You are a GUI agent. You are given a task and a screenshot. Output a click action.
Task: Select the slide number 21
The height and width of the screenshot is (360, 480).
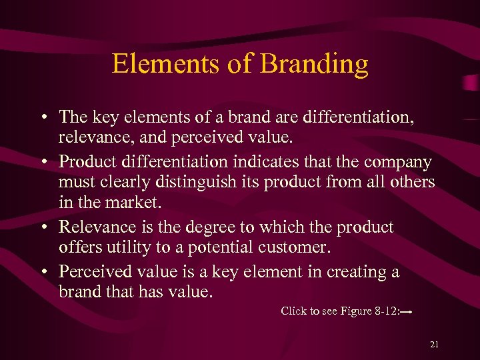pos(434,344)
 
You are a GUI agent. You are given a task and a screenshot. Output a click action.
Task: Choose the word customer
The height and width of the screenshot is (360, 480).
pos(293,247)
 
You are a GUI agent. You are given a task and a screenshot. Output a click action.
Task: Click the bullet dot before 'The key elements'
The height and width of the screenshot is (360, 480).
pos(42,117)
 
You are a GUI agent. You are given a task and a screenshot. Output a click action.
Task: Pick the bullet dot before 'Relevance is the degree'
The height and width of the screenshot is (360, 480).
pos(42,227)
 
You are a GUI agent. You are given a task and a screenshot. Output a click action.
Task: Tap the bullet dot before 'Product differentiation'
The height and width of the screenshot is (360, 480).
pos(42,162)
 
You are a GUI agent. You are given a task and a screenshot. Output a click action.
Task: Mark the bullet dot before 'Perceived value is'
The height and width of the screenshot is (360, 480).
pos(42,271)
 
